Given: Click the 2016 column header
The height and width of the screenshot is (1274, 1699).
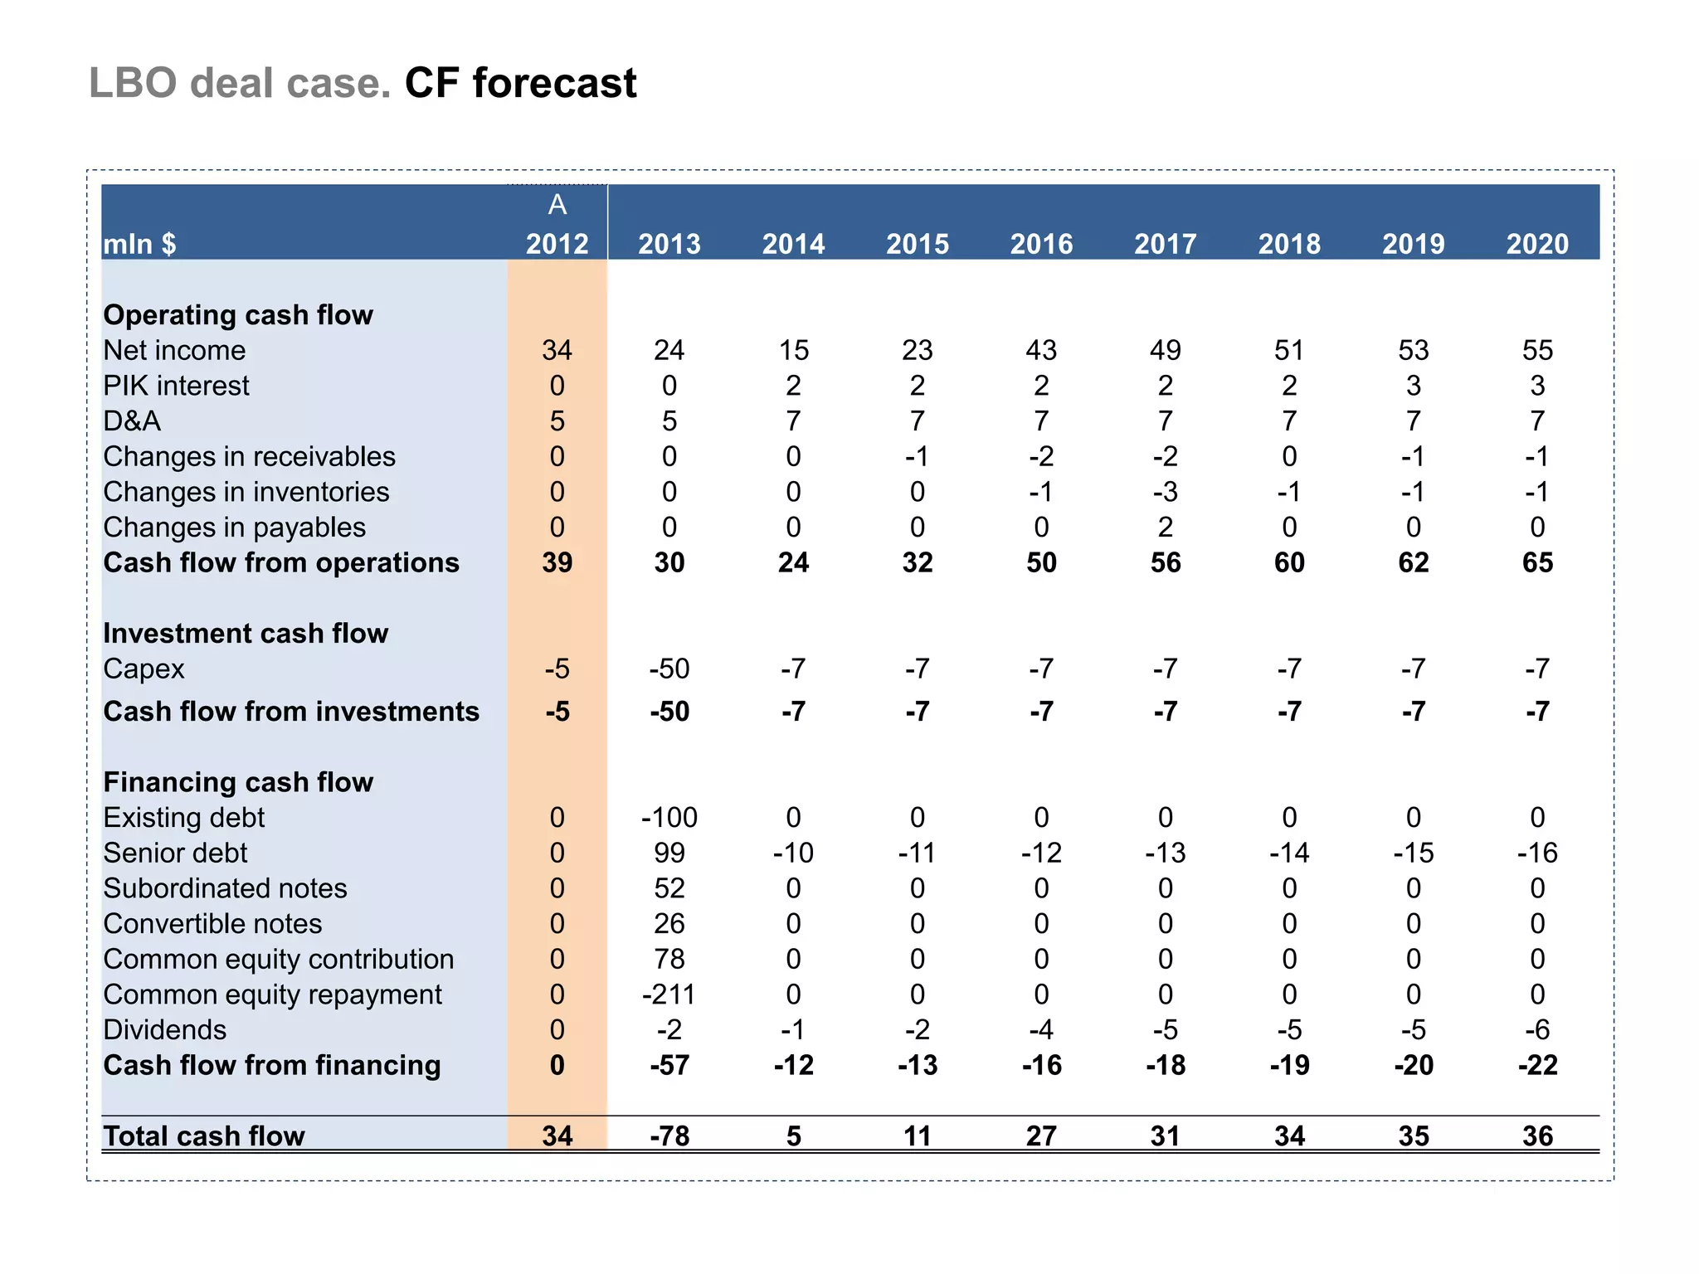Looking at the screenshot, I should tap(1041, 244).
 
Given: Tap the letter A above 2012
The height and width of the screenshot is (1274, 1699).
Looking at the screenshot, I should tap(557, 204).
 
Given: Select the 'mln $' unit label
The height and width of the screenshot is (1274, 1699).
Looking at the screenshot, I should tap(139, 244).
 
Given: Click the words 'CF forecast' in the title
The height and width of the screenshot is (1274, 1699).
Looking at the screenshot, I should tap(520, 83).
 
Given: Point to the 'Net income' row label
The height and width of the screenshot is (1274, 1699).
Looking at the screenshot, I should tap(174, 350).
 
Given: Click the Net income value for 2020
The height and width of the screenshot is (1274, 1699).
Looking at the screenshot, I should tap(1537, 350).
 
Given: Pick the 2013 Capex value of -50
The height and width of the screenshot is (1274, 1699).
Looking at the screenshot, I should tap(669, 669).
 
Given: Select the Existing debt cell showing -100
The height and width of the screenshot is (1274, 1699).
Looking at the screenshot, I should tap(669, 818).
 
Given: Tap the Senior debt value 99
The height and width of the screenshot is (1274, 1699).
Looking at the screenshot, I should tap(669, 853).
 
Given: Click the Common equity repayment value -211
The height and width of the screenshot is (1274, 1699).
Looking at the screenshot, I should tap(669, 994).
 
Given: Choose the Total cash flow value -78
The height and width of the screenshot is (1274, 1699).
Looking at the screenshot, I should tap(669, 1135).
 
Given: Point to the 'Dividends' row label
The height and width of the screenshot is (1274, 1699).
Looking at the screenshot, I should tap(164, 1030).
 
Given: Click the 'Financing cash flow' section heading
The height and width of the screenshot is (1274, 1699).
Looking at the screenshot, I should tap(238, 782).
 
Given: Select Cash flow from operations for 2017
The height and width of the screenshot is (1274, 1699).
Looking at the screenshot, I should tap(1165, 562).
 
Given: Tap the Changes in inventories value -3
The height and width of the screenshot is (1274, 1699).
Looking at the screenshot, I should tap(1165, 492).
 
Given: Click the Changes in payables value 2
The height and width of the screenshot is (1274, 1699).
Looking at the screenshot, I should tap(1165, 528).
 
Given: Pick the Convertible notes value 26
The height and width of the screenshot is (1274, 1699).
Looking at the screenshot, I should tap(669, 924).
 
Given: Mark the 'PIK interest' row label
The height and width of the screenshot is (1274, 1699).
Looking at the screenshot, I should tap(176, 386).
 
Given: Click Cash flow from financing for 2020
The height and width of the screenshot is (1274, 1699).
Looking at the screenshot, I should tap(1537, 1065).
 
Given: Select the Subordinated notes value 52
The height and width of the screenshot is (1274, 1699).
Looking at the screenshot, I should tap(669, 888).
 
